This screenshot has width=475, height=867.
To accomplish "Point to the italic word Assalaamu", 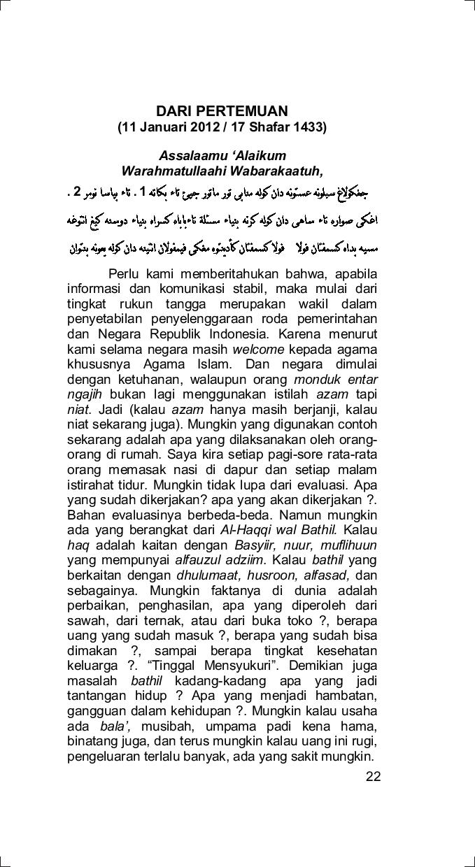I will coord(187,155).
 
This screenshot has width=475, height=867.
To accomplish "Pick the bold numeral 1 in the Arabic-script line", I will coord(143,191).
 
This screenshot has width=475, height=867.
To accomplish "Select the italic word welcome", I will coord(258,349).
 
